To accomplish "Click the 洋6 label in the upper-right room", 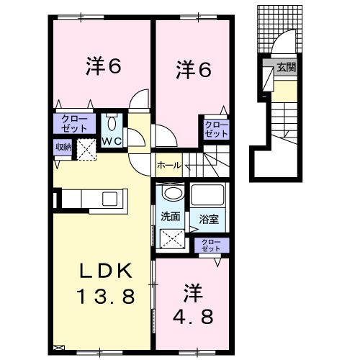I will point(193,70).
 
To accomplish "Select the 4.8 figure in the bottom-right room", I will point(193,315).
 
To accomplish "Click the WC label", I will point(111,140).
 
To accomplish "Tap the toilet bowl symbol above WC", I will point(111,122).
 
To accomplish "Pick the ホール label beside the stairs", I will point(168,165).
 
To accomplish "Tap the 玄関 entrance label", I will point(287,68).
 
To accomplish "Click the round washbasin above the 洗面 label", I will point(171,194).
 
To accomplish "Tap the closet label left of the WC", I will point(73,123).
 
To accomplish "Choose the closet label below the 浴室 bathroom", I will point(210,245).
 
